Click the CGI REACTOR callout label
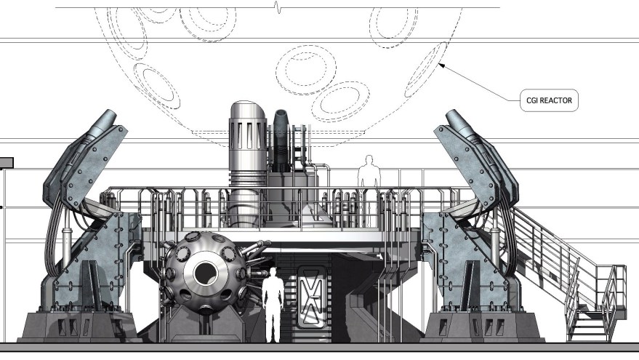pos(549,100)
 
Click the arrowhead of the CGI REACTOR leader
pos(441,65)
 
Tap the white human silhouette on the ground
pos(273,305)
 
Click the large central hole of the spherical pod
pos(206,273)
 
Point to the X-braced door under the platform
pos(312,297)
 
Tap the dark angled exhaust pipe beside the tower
pos(281,140)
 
